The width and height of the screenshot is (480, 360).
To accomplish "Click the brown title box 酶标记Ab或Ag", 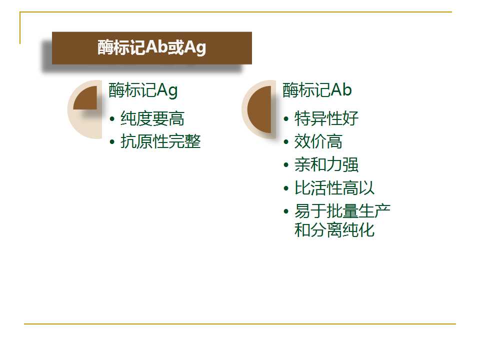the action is tap(152, 48).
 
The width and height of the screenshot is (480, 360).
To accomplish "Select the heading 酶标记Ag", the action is tap(143, 90).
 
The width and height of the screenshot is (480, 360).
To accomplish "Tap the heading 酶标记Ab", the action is tap(317, 90).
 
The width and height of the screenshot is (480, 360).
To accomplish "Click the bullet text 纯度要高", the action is tap(152, 118).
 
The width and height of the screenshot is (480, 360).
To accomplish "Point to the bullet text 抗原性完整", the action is tap(160, 141).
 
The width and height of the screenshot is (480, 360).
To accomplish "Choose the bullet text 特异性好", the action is tap(326, 118).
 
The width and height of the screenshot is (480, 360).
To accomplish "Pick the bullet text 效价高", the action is tap(318, 141).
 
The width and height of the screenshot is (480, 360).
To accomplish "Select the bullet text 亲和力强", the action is tap(326, 164).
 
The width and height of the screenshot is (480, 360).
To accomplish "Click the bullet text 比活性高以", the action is tap(334, 187).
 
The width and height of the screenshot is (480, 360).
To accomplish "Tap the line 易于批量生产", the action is tap(342, 211).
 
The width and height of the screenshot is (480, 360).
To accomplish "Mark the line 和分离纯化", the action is tap(334, 230).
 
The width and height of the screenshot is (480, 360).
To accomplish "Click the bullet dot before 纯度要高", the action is tap(112, 119).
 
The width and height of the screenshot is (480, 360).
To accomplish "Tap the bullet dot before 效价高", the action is tap(286, 141).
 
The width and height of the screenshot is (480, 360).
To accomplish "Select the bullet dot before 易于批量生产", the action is tap(286, 211).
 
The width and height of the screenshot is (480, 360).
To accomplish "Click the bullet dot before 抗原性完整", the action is tap(112, 141).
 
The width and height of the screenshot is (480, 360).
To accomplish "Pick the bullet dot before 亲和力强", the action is tap(286, 165).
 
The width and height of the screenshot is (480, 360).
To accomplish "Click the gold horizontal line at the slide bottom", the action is tap(240, 323).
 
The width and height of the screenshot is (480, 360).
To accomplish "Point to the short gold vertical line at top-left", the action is tap(20, 28).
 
